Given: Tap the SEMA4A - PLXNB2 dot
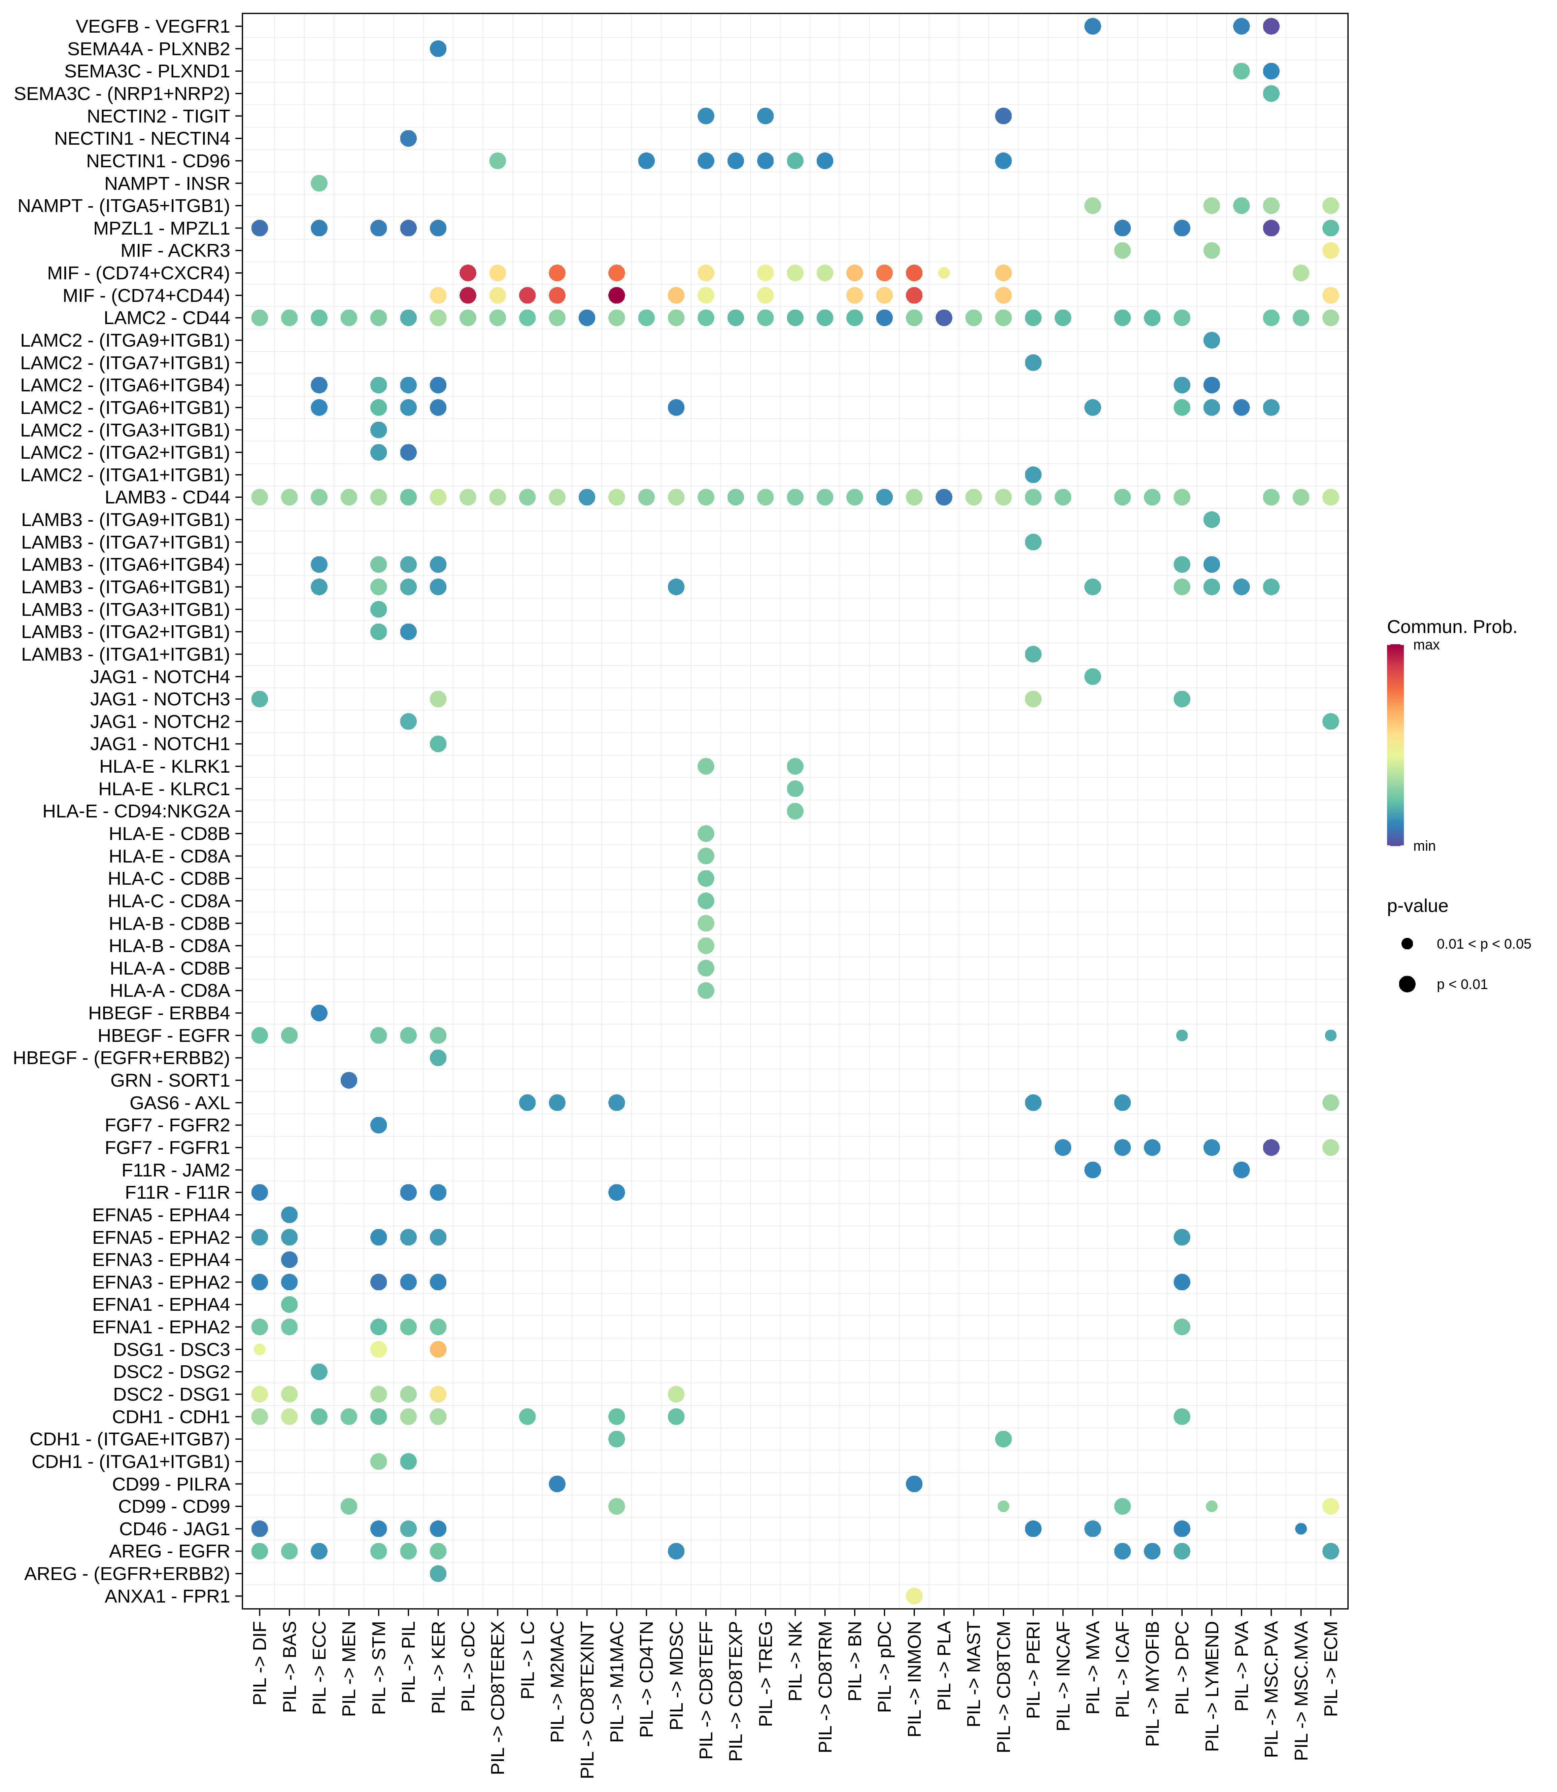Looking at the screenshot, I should coord(438,49).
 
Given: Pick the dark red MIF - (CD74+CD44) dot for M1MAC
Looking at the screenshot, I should coord(616,295).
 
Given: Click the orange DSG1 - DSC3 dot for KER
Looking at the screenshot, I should coord(438,1349).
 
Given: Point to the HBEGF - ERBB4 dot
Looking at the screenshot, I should coord(319,1013).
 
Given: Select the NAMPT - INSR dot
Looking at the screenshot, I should coord(319,183).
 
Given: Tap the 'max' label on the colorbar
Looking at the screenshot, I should coord(1427,645).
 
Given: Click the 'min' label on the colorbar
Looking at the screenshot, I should coord(1425,846).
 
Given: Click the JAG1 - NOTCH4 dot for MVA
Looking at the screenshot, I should coord(1093,677).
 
